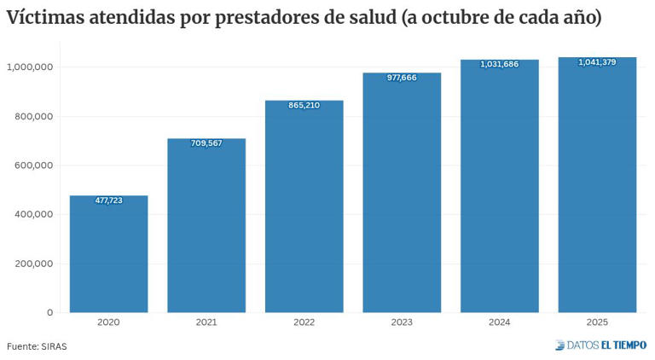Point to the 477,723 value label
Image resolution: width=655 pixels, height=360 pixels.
tap(108, 200)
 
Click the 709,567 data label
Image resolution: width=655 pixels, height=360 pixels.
tap(206, 143)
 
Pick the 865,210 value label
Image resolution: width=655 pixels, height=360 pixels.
tap(304, 105)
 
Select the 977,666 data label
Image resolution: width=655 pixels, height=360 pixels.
tap(402, 78)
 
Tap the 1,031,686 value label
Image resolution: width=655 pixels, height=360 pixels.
tap(499, 64)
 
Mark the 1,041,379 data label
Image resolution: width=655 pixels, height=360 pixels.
tap(597, 62)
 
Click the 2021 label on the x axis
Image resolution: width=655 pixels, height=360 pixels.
tap(206, 322)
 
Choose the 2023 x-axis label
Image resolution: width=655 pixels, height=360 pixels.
tap(402, 322)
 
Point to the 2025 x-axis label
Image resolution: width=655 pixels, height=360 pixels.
tap(597, 322)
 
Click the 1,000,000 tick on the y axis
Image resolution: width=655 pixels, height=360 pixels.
tap(31, 67)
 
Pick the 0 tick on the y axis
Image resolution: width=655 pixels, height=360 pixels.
tap(49, 312)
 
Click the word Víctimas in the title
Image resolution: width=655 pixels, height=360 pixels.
tap(46, 18)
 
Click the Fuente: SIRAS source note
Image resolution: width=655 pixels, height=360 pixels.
tap(37, 346)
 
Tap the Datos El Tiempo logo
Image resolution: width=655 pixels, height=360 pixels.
tap(600, 345)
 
